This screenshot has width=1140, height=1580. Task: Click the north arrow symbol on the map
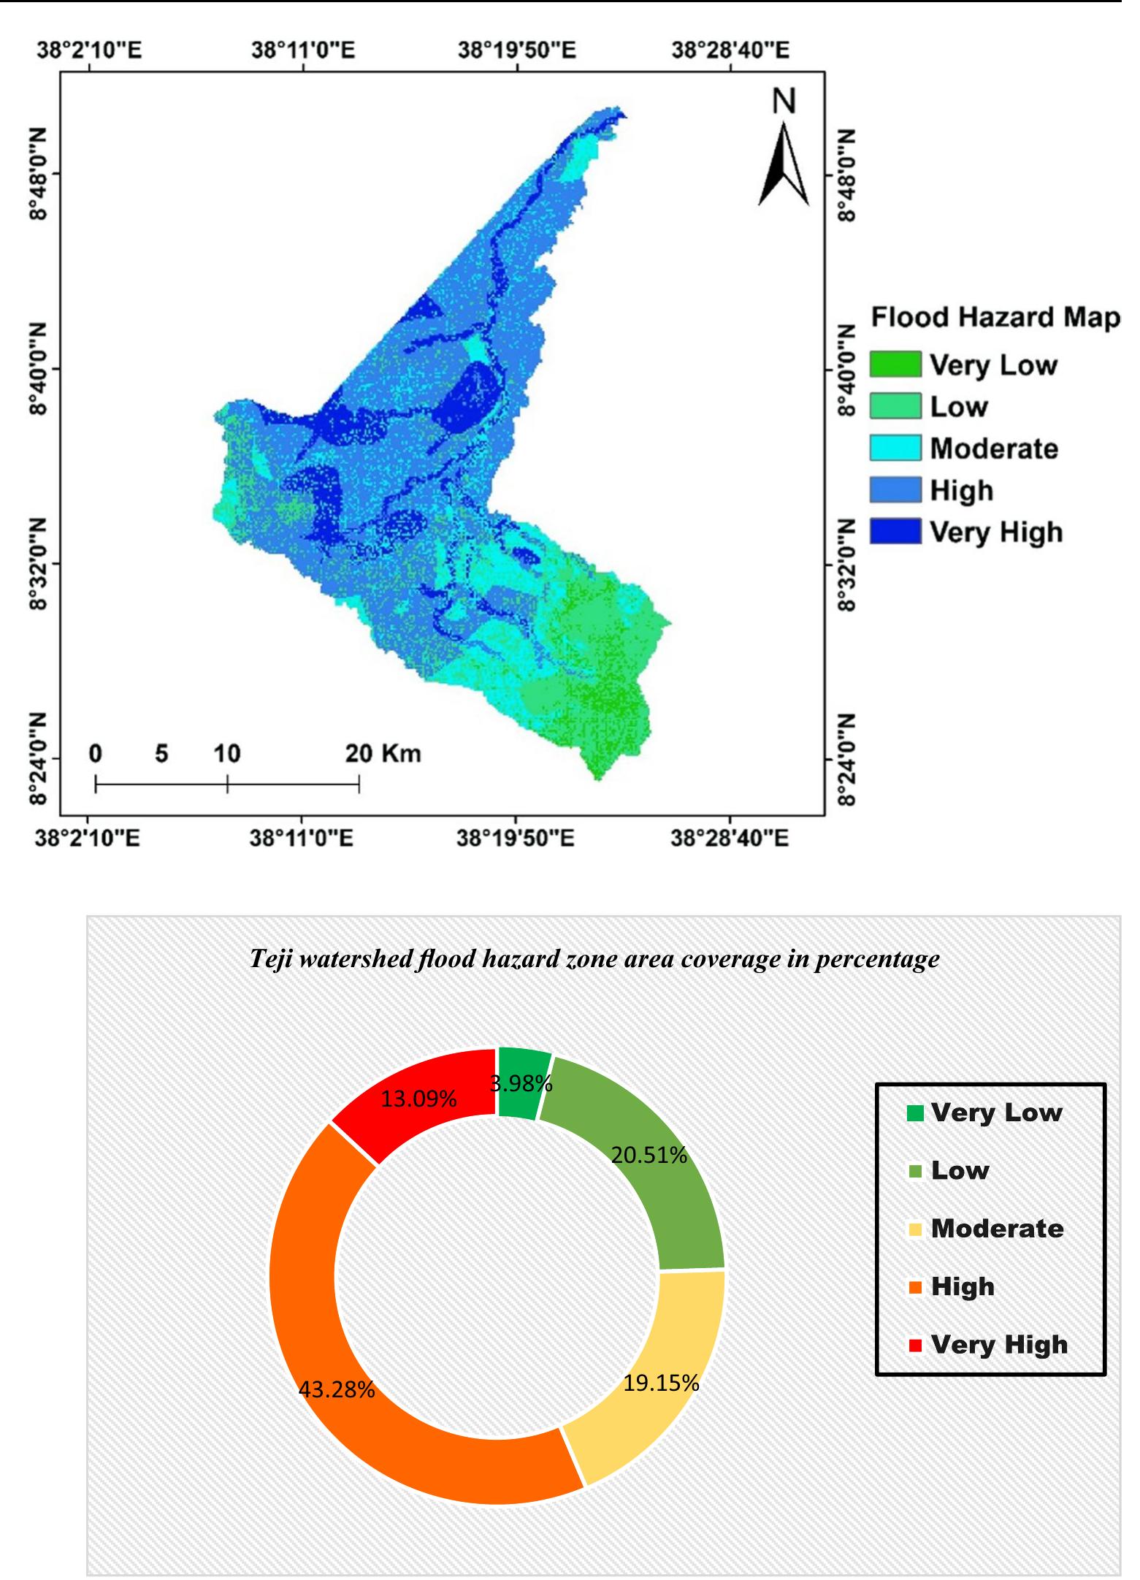[784, 164]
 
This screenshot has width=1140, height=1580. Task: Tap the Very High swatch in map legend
[895, 532]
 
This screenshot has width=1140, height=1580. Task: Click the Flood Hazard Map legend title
[995, 318]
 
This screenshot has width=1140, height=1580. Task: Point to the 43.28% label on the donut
[337, 1389]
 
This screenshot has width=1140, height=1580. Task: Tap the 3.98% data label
[521, 1083]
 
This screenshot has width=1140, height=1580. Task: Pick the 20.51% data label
[649, 1155]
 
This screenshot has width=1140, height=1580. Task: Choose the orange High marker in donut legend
[915, 1287]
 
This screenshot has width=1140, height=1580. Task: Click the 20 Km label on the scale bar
[383, 752]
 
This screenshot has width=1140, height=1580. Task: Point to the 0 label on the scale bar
[96, 752]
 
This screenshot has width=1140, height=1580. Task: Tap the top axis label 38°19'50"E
[517, 50]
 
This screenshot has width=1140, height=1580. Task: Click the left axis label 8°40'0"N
[38, 368]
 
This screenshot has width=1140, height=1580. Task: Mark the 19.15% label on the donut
[661, 1383]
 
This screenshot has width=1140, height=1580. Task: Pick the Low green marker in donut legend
[915, 1171]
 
